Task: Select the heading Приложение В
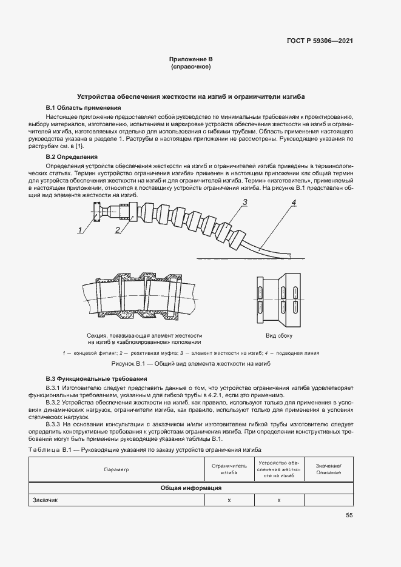click(x=190, y=59)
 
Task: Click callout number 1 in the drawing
click(x=79, y=229)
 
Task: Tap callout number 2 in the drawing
click(x=117, y=229)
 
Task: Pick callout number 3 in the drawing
click(x=244, y=202)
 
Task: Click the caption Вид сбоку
click(x=278, y=335)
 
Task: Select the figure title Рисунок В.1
click(x=190, y=363)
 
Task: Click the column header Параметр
click(x=116, y=469)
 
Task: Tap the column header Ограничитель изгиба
click(x=229, y=469)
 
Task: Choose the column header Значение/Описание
click(x=328, y=469)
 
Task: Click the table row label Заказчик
click(x=44, y=500)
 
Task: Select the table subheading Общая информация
click(x=190, y=488)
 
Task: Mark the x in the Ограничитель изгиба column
click(x=229, y=500)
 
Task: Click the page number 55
click(x=349, y=515)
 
